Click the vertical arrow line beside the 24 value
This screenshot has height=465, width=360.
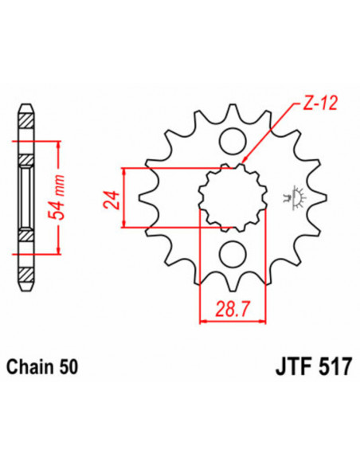(x=125, y=199)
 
